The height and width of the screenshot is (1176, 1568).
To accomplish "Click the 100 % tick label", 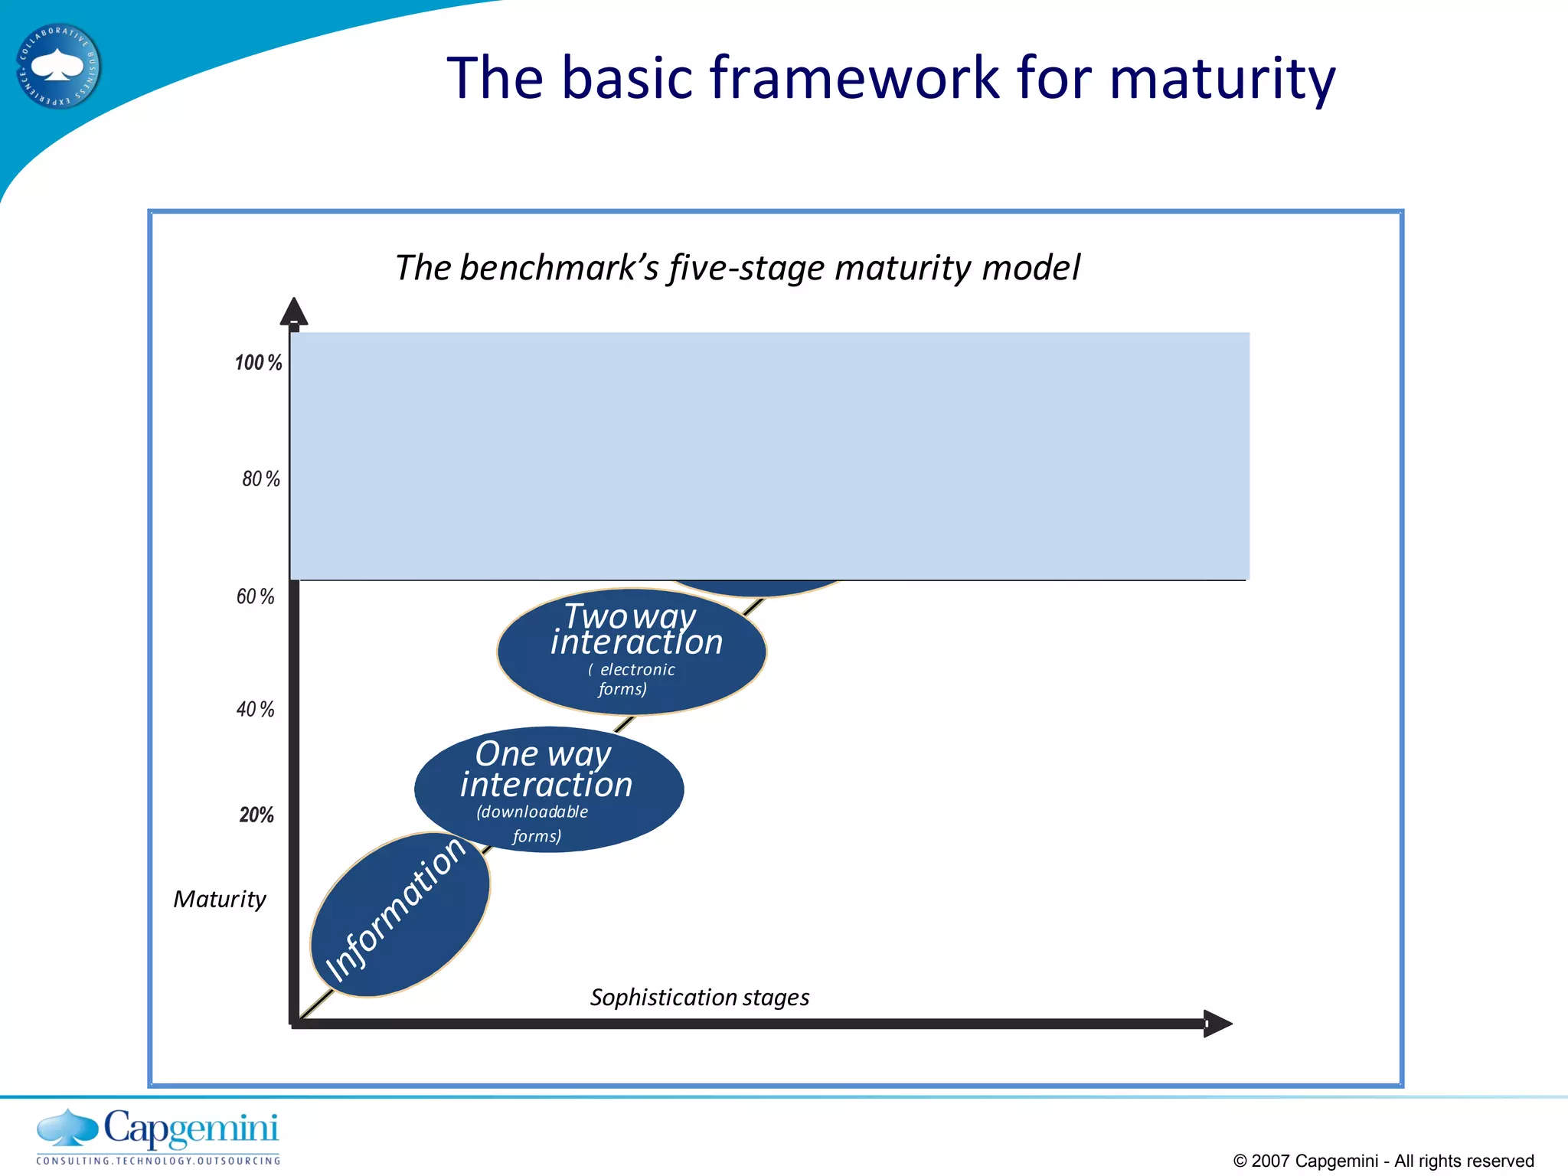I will [x=258, y=363].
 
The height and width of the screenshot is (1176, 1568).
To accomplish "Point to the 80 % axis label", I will [x=261, y=479].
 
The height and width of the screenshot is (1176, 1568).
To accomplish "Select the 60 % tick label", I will [x=255, y=596].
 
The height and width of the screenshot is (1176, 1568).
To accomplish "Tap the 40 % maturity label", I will [x=255, y=710].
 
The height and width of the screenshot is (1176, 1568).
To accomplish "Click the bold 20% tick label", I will [x=256, y=815].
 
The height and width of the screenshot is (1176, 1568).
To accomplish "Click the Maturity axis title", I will [x=220, y=899].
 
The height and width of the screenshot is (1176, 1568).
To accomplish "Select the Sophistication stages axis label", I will [x=699, y=998].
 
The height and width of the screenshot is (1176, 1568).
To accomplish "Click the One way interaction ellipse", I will [x=548, y=789].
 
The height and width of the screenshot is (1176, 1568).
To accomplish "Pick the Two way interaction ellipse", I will [x=631, y=652].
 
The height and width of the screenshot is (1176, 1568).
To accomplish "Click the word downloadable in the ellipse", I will [x=533, y=812].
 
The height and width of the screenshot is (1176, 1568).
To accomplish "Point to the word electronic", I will [x=637, y=670].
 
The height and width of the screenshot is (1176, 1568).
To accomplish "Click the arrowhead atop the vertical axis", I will [x=294, y=312].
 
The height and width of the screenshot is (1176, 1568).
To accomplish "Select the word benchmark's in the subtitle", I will [x=559, y=268].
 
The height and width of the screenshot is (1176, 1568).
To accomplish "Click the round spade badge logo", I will [x=58, y=67].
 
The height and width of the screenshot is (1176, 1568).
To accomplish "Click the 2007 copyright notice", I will [x=1383, y=1161].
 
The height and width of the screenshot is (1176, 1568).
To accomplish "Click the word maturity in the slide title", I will [x=1222, y=80].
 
